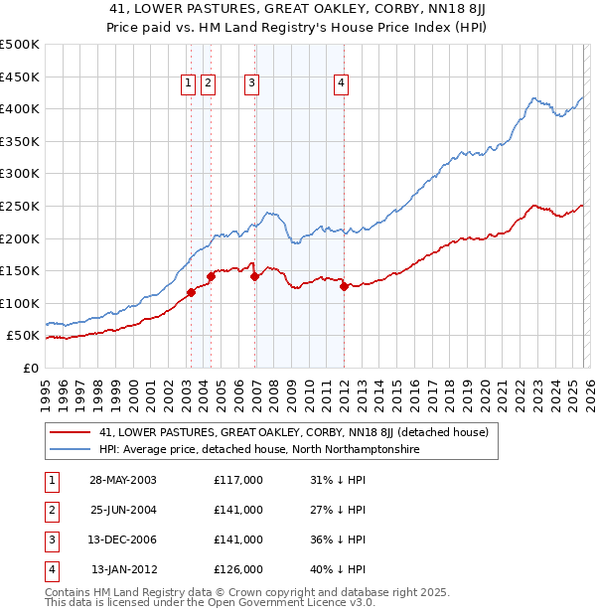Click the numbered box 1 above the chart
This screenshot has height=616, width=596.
point(188,84)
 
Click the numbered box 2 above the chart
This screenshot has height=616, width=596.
point(208,84)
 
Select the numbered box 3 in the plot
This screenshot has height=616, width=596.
point(252,84)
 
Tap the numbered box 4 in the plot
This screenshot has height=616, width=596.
point(341,84)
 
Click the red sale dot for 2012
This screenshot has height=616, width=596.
point(344,286)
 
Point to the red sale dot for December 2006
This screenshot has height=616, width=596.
point(254,277)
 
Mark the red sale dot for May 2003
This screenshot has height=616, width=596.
point(191,292)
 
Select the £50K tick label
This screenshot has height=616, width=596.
point(24,336)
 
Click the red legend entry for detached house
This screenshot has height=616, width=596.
point(293,433)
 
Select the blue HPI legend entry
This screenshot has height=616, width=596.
point(259,450)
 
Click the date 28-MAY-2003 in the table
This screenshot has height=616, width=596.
point(123,480)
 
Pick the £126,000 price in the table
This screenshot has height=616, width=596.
point(238,569)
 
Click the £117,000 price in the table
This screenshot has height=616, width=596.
point(238,480)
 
